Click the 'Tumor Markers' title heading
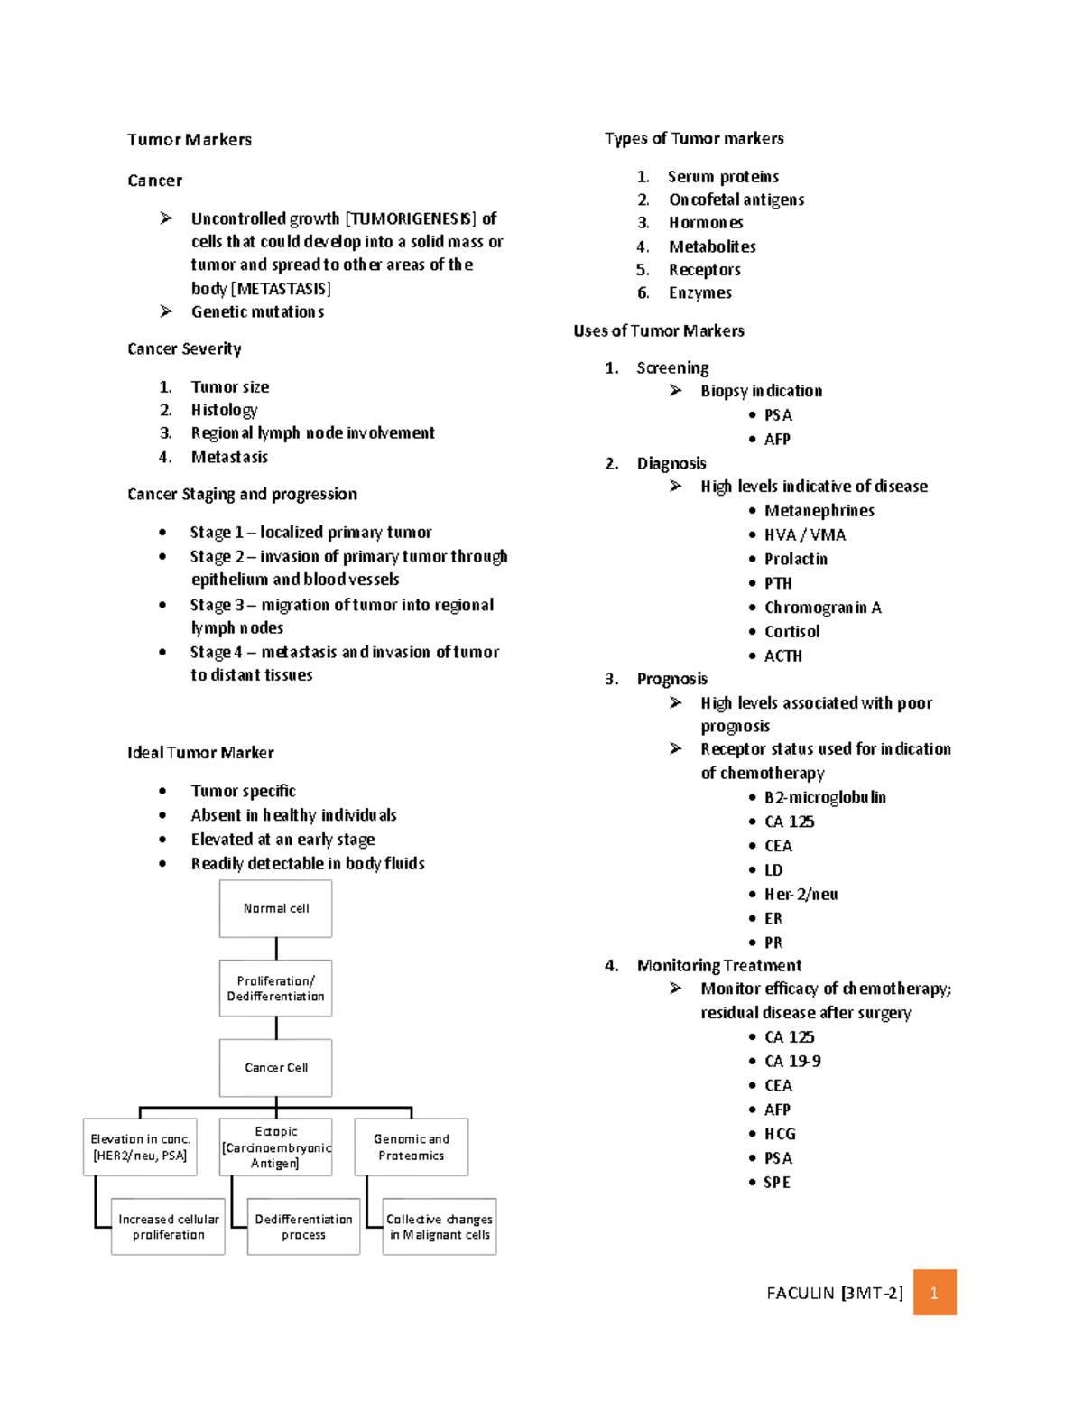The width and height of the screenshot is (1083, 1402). point(190,140)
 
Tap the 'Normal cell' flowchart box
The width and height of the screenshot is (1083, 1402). point(276,908)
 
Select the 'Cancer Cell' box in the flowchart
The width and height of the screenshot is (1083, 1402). point(276,1067)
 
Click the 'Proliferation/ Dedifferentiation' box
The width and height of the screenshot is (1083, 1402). point(276,989)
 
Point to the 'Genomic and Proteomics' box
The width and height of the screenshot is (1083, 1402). point(412,1147)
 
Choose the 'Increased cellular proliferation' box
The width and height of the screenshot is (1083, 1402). point(169,1227)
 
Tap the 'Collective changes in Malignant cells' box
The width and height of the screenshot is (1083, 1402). point(440,1227)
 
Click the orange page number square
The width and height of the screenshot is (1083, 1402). point(934,1293)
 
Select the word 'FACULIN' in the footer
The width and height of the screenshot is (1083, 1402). point(801,1293)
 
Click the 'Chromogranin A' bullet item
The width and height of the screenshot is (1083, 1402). point(822,608)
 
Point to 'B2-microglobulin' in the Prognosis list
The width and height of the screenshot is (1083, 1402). point(825,797)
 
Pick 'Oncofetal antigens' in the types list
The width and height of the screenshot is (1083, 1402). point(736,200)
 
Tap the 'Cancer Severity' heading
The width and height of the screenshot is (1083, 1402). point(184,349)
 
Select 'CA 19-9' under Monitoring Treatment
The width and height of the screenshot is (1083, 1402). point(792,1062)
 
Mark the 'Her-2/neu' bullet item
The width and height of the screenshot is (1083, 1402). point(801,895)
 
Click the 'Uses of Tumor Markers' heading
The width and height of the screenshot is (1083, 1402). point(659,331)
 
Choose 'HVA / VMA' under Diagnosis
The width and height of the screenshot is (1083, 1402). point(805,535)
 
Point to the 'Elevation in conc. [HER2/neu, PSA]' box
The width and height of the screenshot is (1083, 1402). point(140,1147)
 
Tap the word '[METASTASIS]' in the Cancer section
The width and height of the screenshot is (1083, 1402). point(281,289)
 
